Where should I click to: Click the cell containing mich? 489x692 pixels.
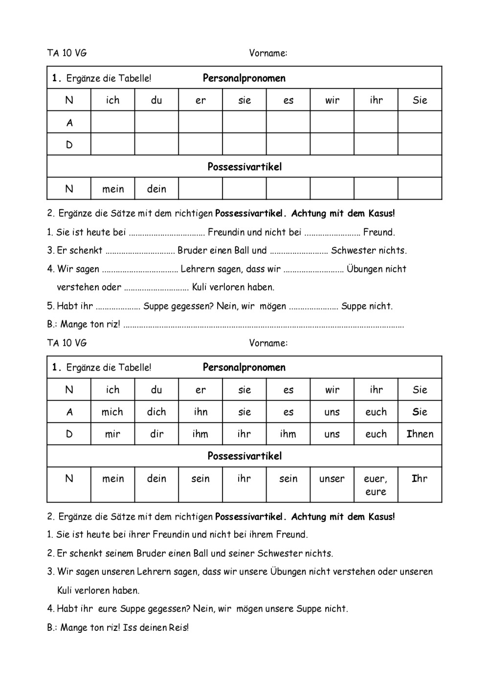[112, 412]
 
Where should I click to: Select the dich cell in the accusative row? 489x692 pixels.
[156, 412]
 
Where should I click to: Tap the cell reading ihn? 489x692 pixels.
[200, 412]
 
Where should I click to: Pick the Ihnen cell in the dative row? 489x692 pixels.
[420, 434]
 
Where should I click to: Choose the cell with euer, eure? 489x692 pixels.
[376, 485]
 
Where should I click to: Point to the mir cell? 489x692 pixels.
[112, 434]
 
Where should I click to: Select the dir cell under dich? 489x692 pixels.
[156, 434]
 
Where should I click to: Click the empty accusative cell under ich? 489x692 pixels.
[112, 122]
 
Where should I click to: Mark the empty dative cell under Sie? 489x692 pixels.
[420, 145]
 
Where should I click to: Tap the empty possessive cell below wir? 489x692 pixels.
[332, 189]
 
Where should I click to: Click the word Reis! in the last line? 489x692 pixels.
[179, 628]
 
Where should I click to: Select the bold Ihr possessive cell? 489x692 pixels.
[420, 479]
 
